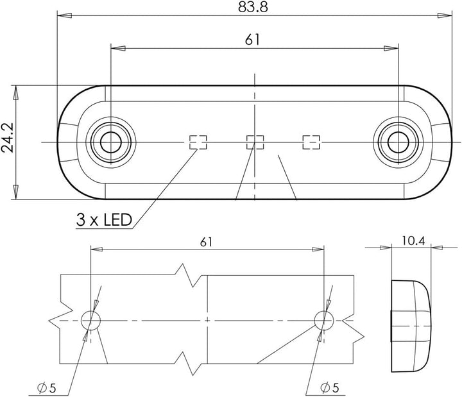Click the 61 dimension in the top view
[253, 40]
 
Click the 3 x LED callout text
[104, 221]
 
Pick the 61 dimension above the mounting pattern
[206, 242]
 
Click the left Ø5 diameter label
[47, 387]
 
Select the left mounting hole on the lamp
[112, 140]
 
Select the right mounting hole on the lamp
[397, 140]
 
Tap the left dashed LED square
[198, 142]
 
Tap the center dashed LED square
[255, 142]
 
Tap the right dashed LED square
[311, 142]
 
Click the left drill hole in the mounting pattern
[91, 319]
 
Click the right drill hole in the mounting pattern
[321, 319]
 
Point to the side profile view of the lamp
[411, 325]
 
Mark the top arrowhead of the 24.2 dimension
[16, 90]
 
